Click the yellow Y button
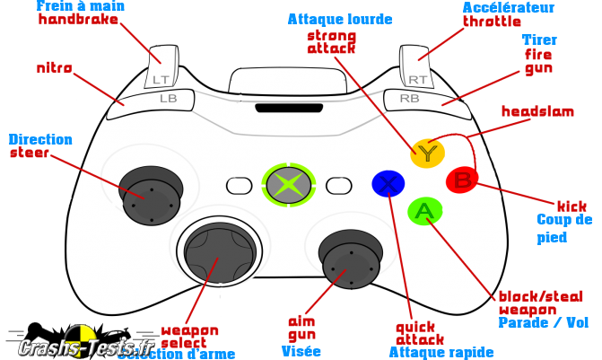(x=427, y=154)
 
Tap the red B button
(x=462, y=180)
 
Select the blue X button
(x=388, y=184)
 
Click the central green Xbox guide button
(x=288, y=185)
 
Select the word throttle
(x=491, y=22)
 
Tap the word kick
(x=571, y=206)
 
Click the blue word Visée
(x=301, y=351)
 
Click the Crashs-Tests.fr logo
(x=72, y=341)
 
